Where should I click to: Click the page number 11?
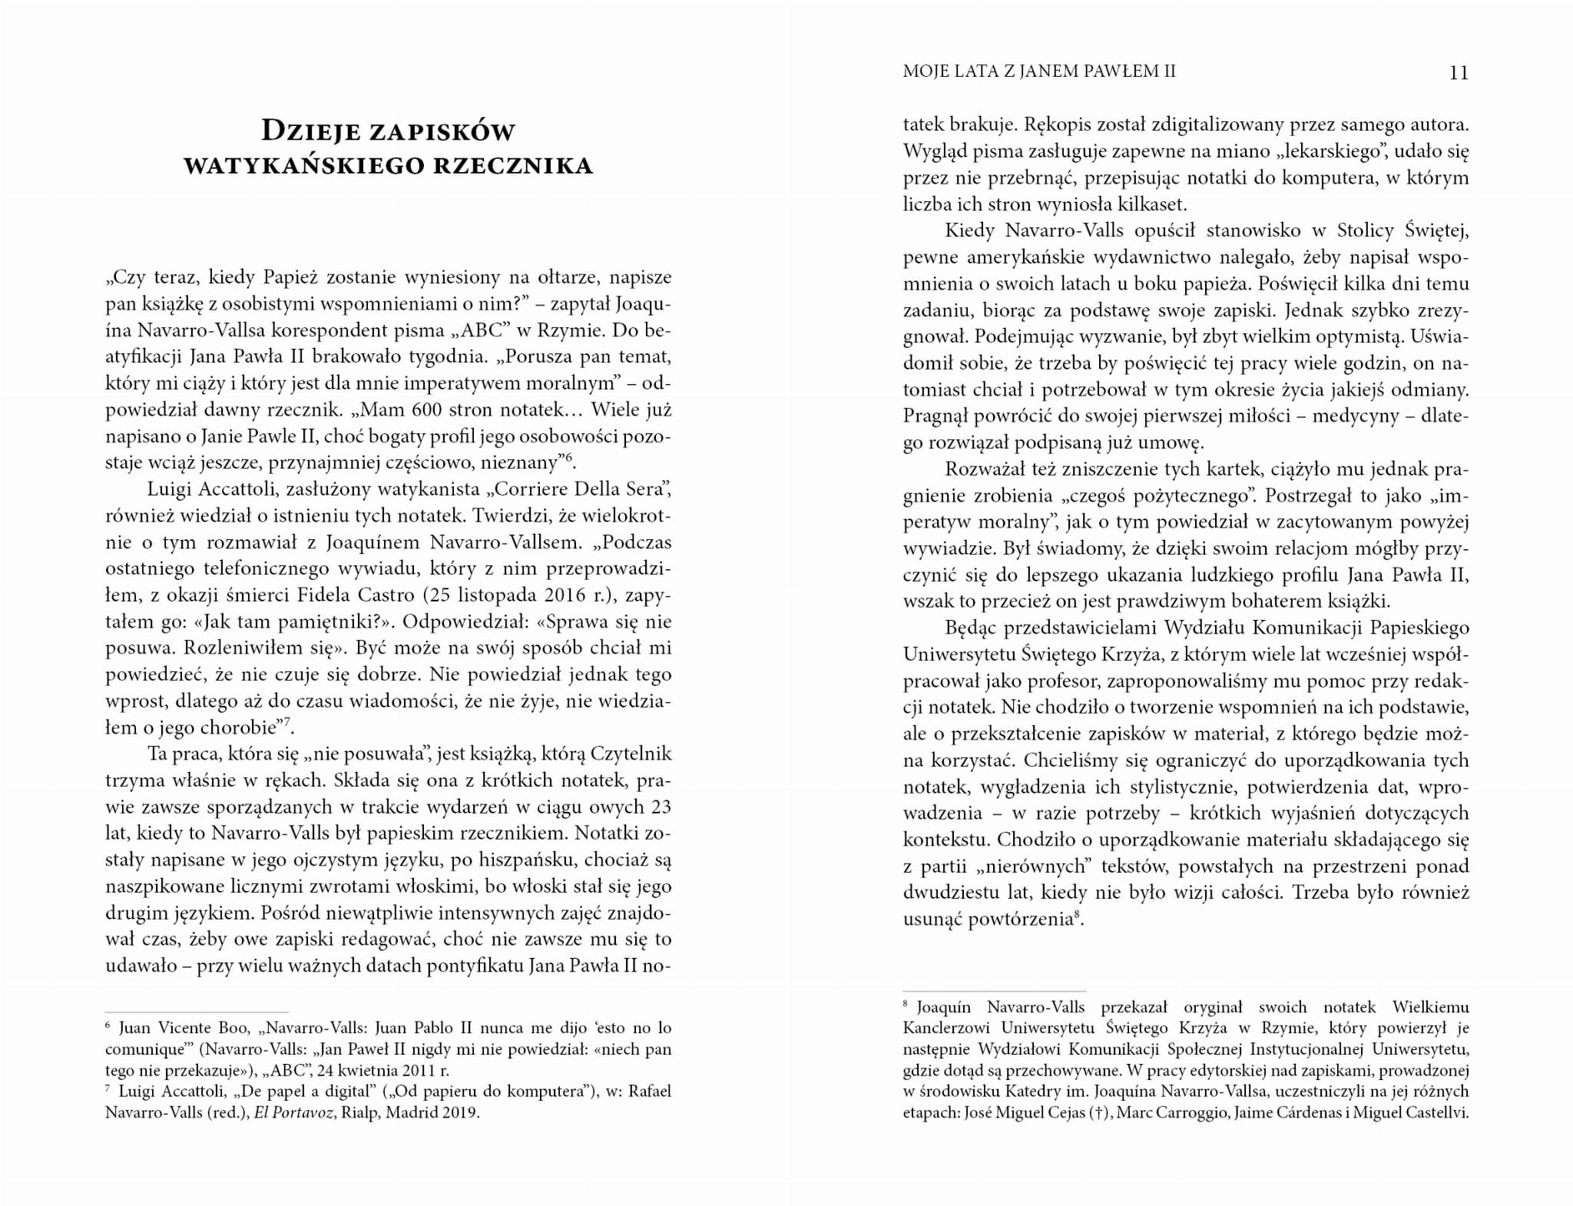pos(1458,73)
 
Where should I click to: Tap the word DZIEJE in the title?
pos(310,131)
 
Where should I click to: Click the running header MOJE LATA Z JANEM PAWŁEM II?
pos(1039,72)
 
